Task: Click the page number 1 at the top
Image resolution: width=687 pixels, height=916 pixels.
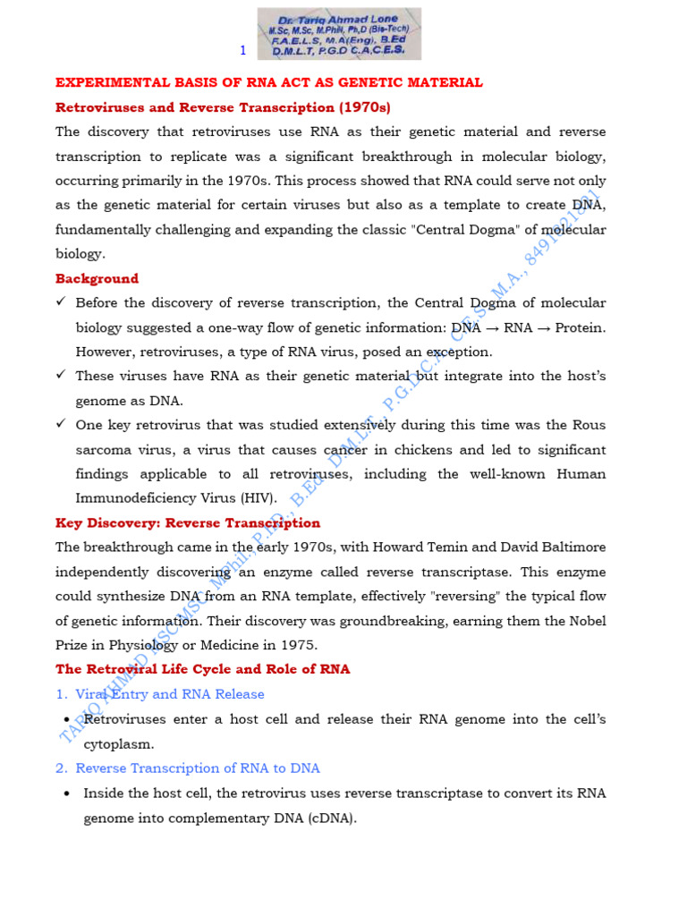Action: tap(242, 50)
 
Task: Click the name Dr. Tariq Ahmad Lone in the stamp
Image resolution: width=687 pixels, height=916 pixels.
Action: tap(338, 19)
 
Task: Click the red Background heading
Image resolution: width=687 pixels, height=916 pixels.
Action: tap(97, 278)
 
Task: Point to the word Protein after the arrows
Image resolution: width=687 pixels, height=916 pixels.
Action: tap(581, 327)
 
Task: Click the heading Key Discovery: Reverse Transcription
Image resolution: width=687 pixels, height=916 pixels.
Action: tap(188, 522)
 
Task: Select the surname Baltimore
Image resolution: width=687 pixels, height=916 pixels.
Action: tap(570, 547)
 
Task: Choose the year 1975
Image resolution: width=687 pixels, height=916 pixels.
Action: tap(299, 645)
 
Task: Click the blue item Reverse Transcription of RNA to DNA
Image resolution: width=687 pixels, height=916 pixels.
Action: tap(197, 768)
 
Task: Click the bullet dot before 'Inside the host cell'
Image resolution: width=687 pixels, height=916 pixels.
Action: tap(67, 793)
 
